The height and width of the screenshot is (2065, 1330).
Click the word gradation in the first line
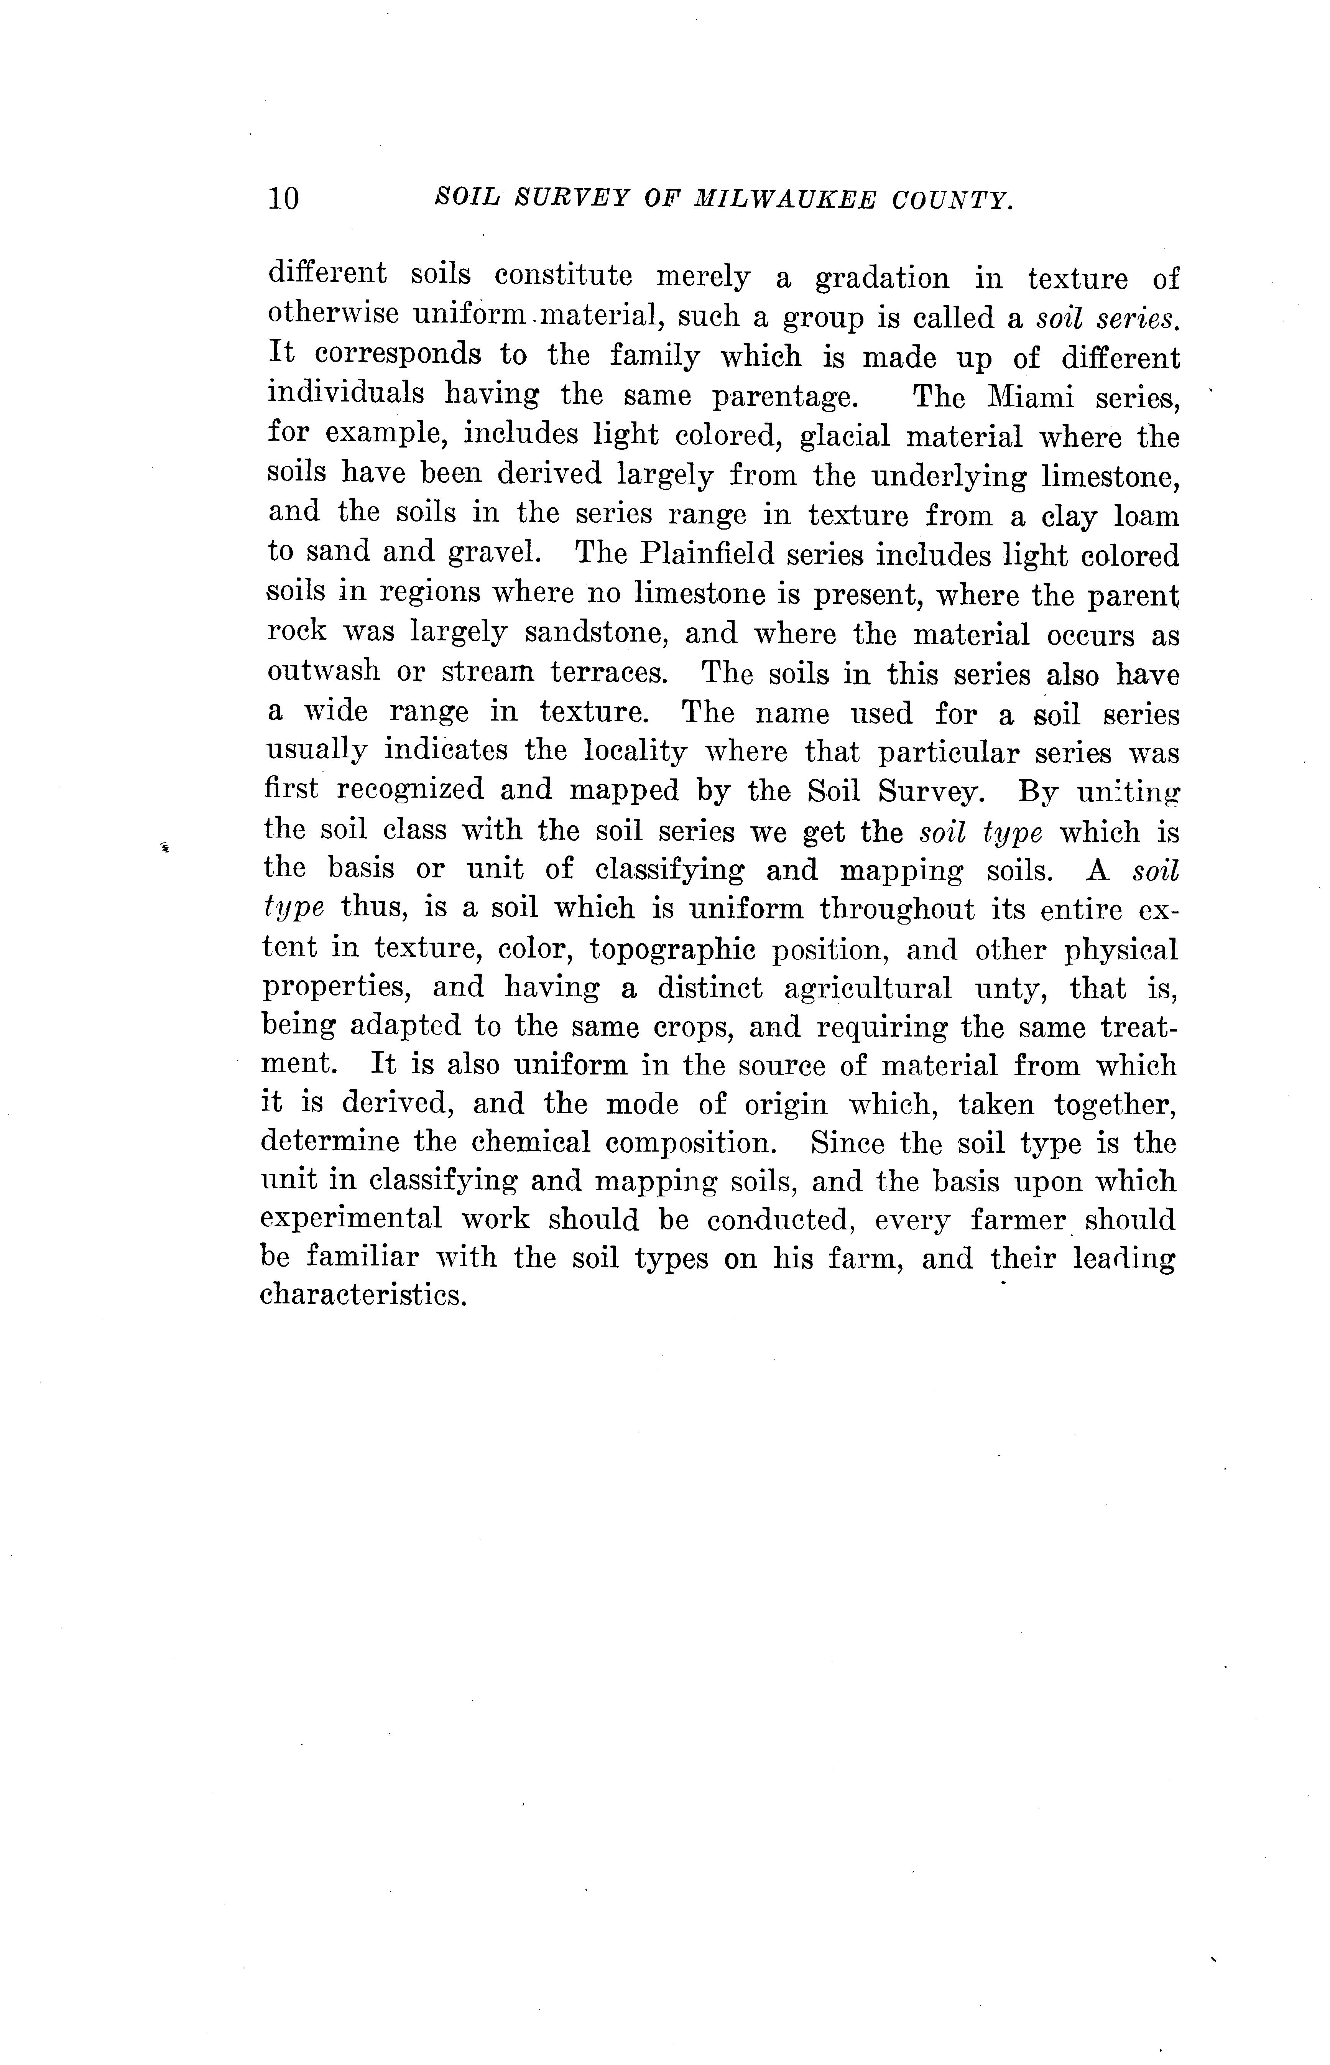click(882, 278)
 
